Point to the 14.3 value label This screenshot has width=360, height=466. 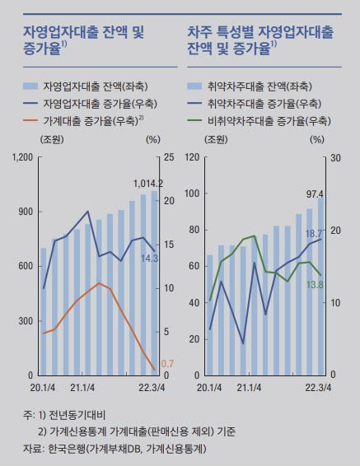tap(150, 258)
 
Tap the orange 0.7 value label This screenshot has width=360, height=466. tap(166, 363)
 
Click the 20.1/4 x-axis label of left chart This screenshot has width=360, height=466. tap(41, 385)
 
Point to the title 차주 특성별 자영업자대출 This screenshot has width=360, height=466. tap(259, 33)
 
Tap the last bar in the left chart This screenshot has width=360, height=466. tap(155, 283)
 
